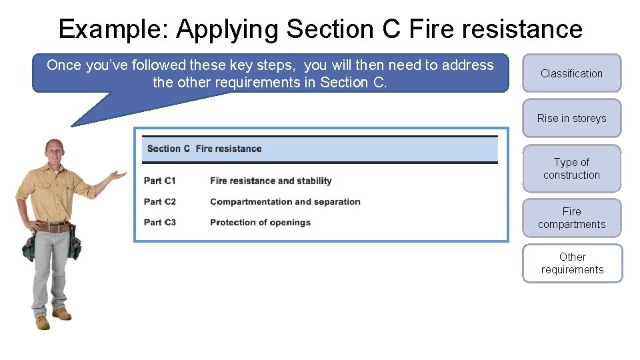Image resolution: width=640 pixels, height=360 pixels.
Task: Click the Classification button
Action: [571, 73]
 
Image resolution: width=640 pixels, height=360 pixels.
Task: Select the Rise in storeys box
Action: [571, 118]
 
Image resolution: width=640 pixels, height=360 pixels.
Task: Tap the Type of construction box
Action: [571, 169]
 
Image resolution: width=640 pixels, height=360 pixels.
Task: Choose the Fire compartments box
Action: [571, 218]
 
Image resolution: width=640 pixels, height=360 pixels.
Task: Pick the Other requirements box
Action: [572, 263]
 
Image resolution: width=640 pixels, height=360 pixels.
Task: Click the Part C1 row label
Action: [160, 181]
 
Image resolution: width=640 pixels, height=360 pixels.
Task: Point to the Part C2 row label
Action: [160, 201]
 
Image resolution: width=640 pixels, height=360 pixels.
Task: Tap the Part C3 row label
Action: [160, 222]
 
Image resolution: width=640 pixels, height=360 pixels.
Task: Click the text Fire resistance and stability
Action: [270, 181]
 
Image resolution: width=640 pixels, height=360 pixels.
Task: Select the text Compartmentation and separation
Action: [285, 201]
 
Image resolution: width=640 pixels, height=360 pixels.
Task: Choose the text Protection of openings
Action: [260, 222]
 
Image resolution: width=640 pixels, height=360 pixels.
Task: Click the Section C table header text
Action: [204, 149]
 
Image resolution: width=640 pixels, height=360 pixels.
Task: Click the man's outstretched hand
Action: [118, 176]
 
